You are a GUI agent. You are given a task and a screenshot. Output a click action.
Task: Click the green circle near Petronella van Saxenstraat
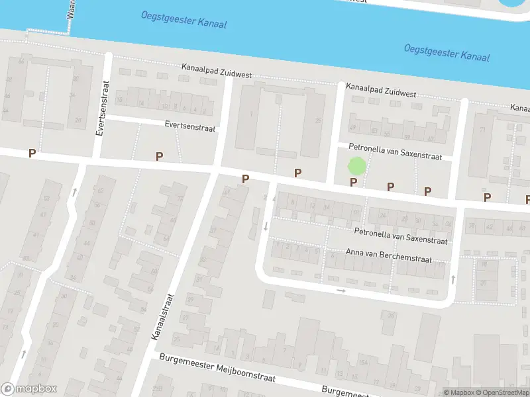(356, 166)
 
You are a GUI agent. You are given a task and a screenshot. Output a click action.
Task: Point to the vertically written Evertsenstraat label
(101, 108)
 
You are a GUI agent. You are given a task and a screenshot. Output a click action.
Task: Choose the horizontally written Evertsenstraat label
(190, 124)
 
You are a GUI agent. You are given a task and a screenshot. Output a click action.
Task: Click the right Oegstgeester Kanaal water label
(447, 52)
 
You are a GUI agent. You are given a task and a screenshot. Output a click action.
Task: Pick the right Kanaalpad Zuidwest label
(381, 90)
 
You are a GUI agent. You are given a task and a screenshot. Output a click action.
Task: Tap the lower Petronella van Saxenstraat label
(401, 236)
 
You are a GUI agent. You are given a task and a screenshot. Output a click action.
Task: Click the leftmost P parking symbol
(32, 154)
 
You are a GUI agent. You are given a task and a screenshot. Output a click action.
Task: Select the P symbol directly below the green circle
(353, 182)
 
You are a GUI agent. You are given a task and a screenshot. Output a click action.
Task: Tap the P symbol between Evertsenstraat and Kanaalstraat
(159, 156)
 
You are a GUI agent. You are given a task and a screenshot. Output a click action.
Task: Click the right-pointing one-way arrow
(341, 290)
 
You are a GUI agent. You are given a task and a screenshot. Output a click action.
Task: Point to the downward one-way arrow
(266, 226)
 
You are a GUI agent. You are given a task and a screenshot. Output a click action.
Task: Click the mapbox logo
(28, 389)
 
